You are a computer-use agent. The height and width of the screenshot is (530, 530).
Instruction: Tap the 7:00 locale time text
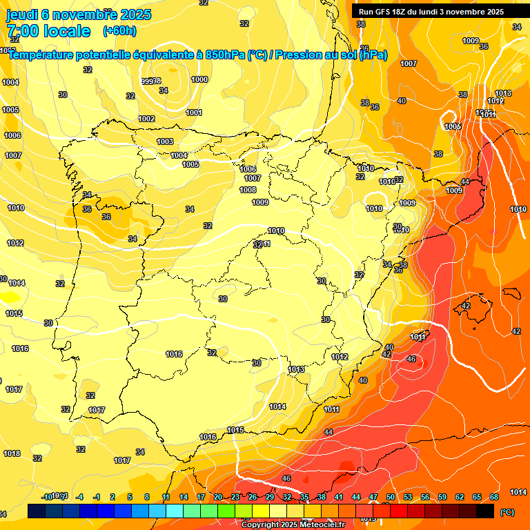(x=48, y=31)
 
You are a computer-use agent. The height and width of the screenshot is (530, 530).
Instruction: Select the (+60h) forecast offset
(x=119, y=31)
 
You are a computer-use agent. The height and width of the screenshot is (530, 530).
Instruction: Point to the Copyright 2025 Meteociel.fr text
(x=293, y=524)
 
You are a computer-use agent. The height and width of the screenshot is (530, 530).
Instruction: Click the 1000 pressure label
(x=199, y=79)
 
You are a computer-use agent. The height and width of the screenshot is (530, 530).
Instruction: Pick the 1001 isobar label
(x=194, y=112)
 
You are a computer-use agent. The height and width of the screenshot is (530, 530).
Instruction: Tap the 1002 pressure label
(x=146, y=119)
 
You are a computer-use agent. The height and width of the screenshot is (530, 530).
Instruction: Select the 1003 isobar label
(x=165, y=141)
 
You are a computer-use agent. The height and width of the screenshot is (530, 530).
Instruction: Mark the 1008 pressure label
(x=248, y=190)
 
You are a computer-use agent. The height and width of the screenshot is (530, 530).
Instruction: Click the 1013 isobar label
(x=296, y=369)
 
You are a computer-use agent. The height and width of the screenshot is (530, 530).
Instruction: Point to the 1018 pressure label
(x=12, y=453)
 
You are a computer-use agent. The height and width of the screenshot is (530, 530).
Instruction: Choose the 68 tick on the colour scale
(x=494, y=497)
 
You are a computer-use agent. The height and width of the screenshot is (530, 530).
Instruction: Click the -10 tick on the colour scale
(x=47, y=497)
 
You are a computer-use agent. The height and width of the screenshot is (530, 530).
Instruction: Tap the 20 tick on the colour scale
(x=218, y=497)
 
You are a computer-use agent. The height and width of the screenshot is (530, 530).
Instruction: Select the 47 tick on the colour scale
(x=373, y=497)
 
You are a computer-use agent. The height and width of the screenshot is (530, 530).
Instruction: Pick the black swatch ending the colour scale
(x=485, y=511)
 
